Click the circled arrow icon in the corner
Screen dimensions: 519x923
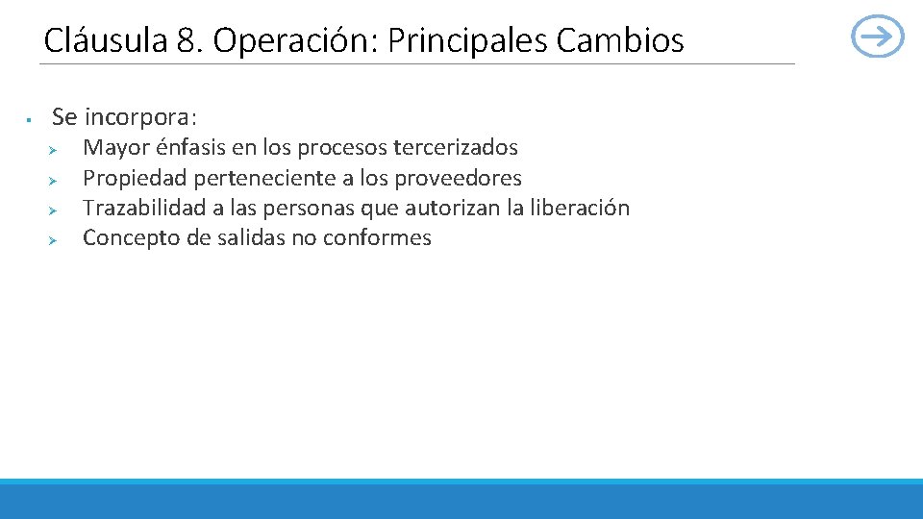[x=878, y=37]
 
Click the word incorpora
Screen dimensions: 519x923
[x=140, y=117]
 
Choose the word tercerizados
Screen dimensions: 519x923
[x=456, y=148]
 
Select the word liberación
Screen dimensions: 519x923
[x=580, y=208]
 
